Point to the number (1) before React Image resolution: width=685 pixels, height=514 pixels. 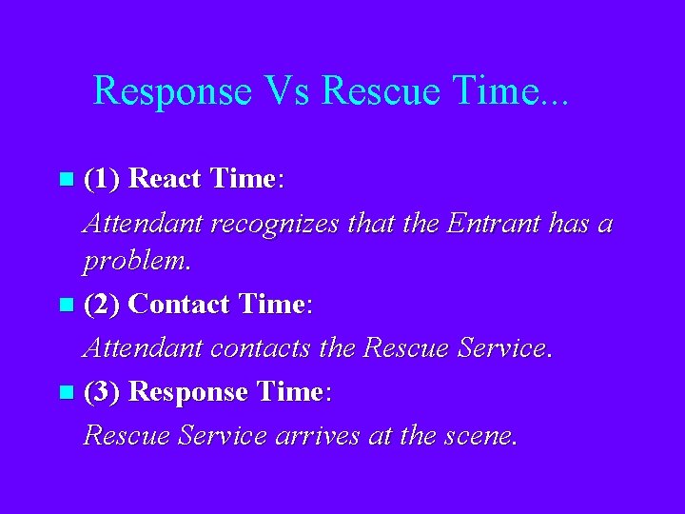(102, 178)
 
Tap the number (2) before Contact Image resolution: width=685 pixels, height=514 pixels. (102, 305)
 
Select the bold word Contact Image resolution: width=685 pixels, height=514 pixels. (179, 305)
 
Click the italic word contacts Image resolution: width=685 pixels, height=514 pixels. (265, 349)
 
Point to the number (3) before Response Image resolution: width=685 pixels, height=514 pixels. (102, 391)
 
